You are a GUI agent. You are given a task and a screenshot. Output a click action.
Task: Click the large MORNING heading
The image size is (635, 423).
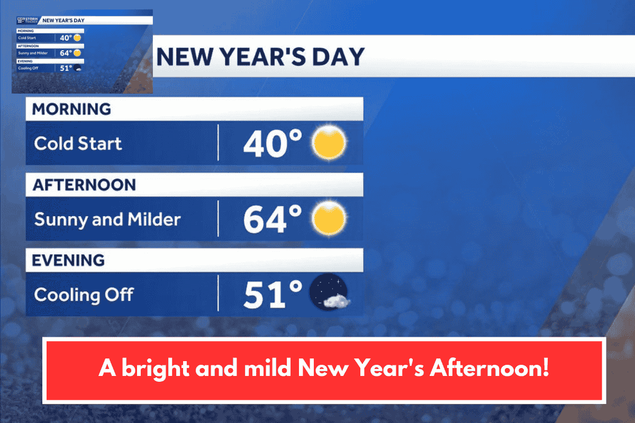coord(71,109)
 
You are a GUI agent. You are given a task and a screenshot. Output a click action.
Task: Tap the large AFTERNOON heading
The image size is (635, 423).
coord(84,185)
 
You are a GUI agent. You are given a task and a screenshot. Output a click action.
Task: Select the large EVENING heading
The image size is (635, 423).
coord(68,260)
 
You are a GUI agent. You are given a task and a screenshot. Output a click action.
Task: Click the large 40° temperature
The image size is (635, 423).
coord(273,143)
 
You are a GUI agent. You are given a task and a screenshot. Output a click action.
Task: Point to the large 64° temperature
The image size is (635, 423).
coord(273,219)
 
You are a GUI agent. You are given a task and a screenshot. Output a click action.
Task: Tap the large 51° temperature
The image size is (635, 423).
coord(273,295)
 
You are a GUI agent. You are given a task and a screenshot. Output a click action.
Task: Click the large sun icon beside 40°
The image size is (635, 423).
coord(329,143)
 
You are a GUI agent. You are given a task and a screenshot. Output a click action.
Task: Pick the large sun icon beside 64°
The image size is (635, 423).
coord(329,218)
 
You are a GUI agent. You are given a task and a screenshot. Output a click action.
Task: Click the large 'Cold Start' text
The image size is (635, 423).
coord(78,143)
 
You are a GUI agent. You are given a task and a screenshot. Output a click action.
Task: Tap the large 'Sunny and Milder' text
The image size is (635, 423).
coord(107,219)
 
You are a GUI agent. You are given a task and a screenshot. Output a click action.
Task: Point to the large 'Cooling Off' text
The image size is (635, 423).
coord(84,295)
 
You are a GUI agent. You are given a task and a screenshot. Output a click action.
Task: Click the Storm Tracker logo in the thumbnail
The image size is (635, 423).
coord(27,20)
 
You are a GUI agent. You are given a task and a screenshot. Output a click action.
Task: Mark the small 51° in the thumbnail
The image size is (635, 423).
coord(66,68)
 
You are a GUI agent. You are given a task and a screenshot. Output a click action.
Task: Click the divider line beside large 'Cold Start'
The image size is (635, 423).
coord(218,143)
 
